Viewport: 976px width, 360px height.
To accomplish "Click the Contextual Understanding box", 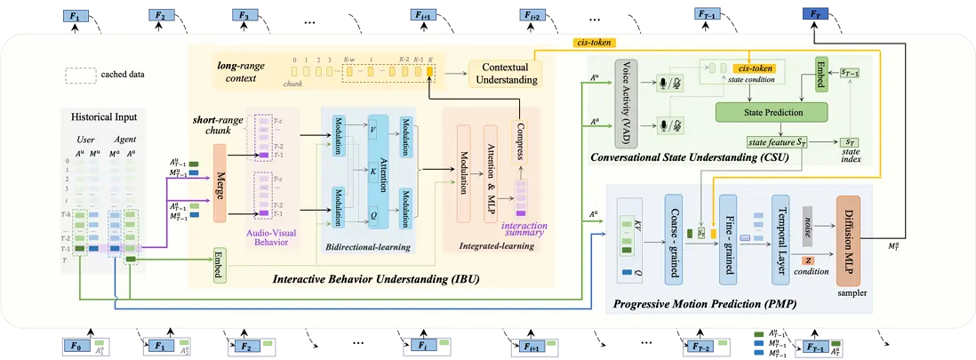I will [504, 74].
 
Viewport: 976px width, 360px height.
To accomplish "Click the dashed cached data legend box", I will [80, 75].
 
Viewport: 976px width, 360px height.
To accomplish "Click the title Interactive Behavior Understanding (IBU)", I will [378, 282].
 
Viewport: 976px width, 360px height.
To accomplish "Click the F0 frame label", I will [76, 345].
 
